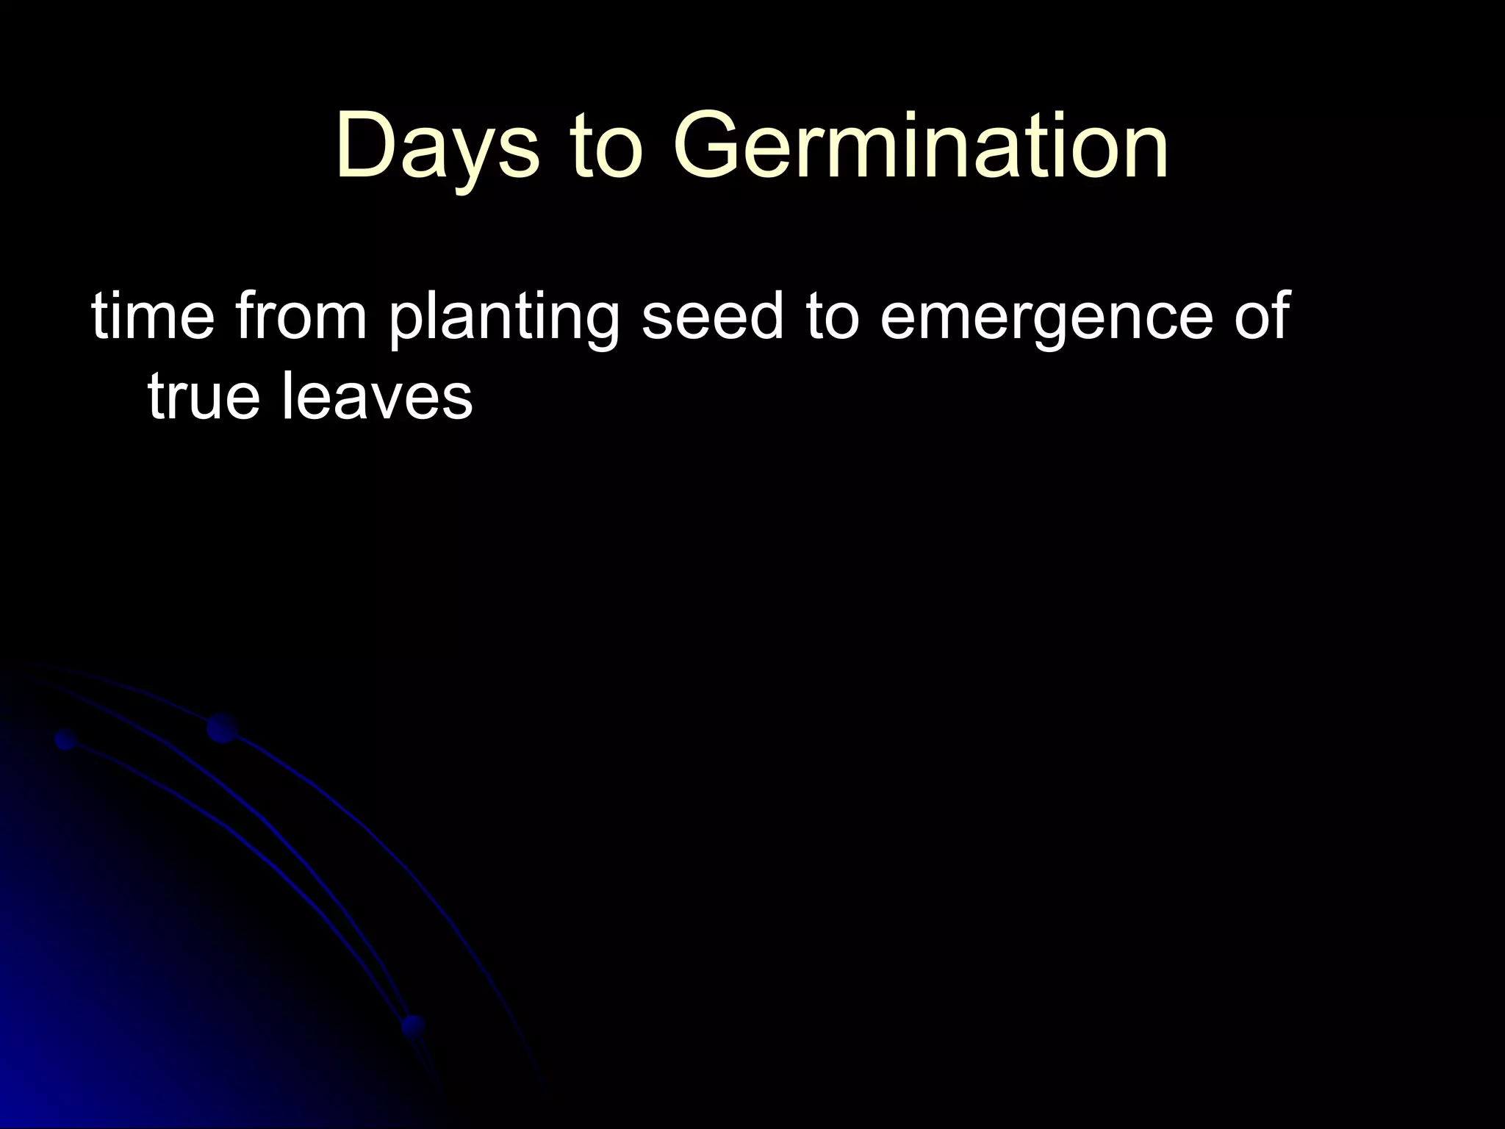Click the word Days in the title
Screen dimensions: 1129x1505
437,147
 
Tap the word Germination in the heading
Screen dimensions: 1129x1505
919,147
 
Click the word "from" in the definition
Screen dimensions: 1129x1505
301,316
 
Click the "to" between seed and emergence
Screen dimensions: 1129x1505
833,316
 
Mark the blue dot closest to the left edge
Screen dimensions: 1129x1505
66,739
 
